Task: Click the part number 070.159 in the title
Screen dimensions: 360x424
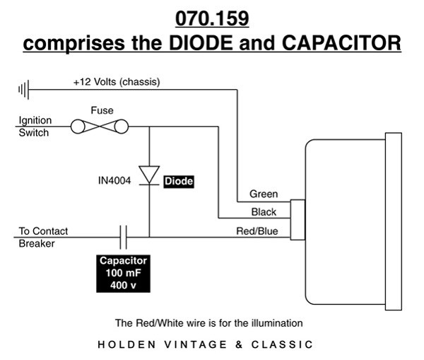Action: click(x=212, y=16)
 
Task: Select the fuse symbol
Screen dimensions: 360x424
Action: click(x=101, y=127)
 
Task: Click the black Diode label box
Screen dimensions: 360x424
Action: click(x=178, y=181)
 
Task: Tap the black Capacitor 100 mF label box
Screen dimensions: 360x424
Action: click(x=122, y=273)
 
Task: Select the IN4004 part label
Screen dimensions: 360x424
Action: click(x=113, y=181)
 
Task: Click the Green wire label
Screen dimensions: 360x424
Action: click(x=264, y=194)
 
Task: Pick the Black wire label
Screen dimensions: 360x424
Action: click(x=264, y=212)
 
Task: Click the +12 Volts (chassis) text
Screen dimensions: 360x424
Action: click(x=117, y=81)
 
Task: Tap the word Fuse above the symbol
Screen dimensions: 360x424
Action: click(x=102, y=110)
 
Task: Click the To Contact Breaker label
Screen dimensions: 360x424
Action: click(x=39, y=237)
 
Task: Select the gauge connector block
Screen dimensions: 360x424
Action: click(x=298, y=220)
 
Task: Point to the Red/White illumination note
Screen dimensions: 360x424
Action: click(x=208, y=323)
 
